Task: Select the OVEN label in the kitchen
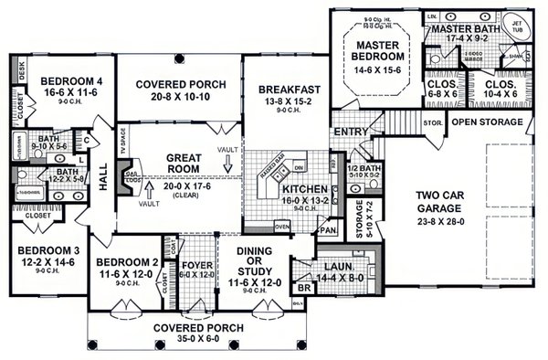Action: tap(282, 227)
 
